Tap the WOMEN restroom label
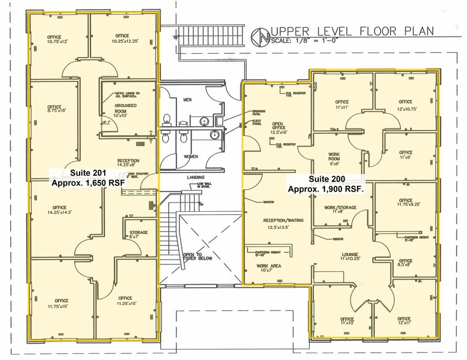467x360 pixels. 190,157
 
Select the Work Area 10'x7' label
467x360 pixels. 264,269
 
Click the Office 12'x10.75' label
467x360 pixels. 405,105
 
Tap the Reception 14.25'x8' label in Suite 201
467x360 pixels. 128,162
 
